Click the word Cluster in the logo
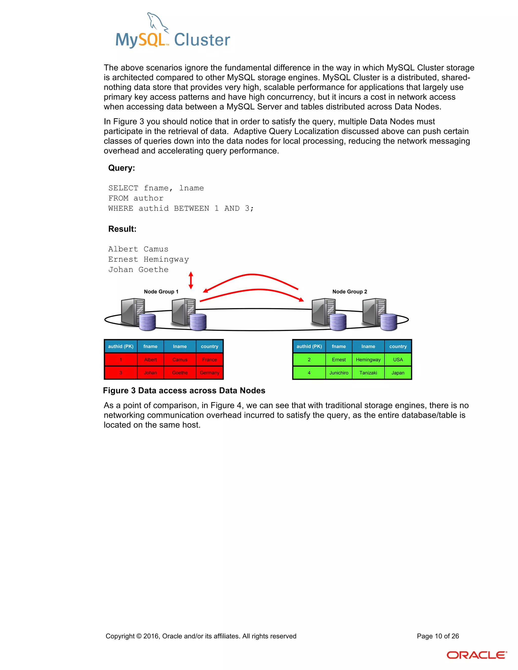pyautogui.click(x=202, y=40)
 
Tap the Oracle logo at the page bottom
pyautogui.click(x=476, y=655)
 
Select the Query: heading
pyautogui.click(x=121, y=168)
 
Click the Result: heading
pyautogui.click(x=122, y=229)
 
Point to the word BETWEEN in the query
pyautogui.click(x=191, y=209)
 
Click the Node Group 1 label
pyautogui.click(x=161, y=292)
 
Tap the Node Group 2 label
pyautogui.click(x=350, y=292)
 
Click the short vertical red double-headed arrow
pyautogui.click(x=191, y=280)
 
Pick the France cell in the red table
pyautogui.click(x=210, y=360)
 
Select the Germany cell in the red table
pyautogui.click(x=210, y=373)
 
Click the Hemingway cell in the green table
pyautogui.click(x=368, y=360)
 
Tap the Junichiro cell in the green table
pyautogui.click(x=339, y=373)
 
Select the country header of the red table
pyautogui.click(x=210, y=346)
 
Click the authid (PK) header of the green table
pyautogui.click(x=309, y=346)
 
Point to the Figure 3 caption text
pyautogui.click(x=184, y=391)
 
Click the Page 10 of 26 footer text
pyautogui.click(x=438, y=636)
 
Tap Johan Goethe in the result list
pyautogui.click(x=138, y=270)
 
